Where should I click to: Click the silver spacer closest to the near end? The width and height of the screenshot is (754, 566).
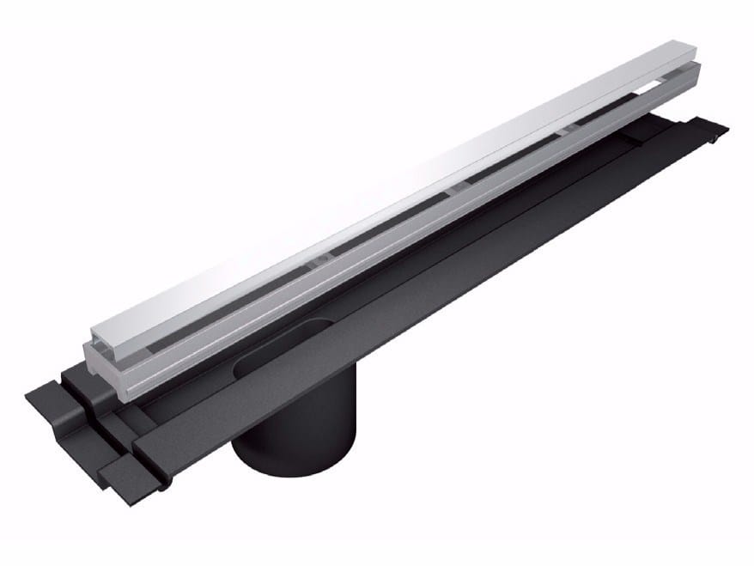pos(319,257)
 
